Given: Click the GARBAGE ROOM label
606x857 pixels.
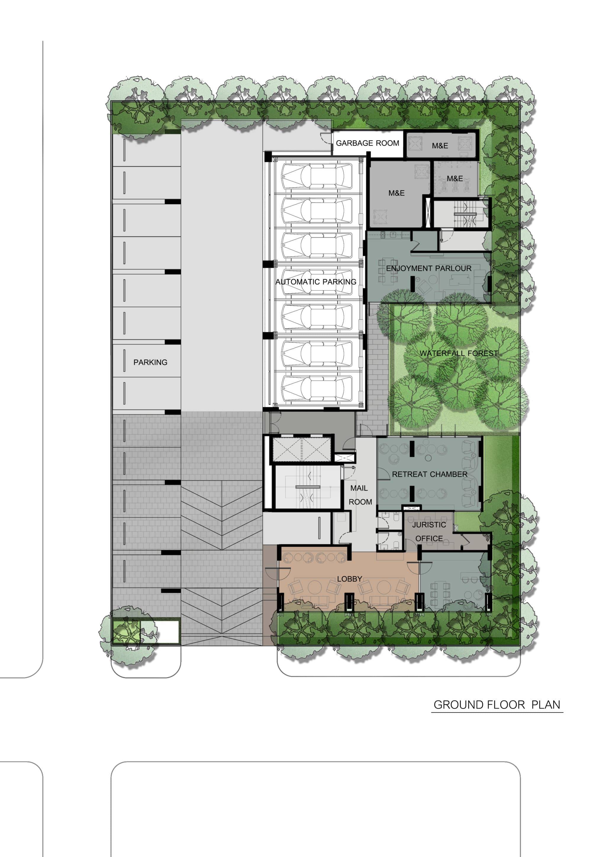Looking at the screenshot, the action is [367, 143].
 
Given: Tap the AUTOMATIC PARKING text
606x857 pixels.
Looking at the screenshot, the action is [316, 282].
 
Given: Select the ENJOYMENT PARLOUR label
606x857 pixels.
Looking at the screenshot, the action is [429, 268].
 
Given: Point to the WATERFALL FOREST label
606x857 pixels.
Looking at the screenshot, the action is [459, 353].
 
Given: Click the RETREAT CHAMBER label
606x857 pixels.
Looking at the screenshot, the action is [430, 474].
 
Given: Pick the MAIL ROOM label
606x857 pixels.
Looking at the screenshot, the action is [360, 495].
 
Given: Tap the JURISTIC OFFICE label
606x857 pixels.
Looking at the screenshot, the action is [429, 531].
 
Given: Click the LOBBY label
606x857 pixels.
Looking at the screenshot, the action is [350, 579].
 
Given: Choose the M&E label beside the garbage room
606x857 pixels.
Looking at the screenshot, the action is [440, 146].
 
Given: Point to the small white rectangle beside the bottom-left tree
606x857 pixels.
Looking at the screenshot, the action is [169, 632].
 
